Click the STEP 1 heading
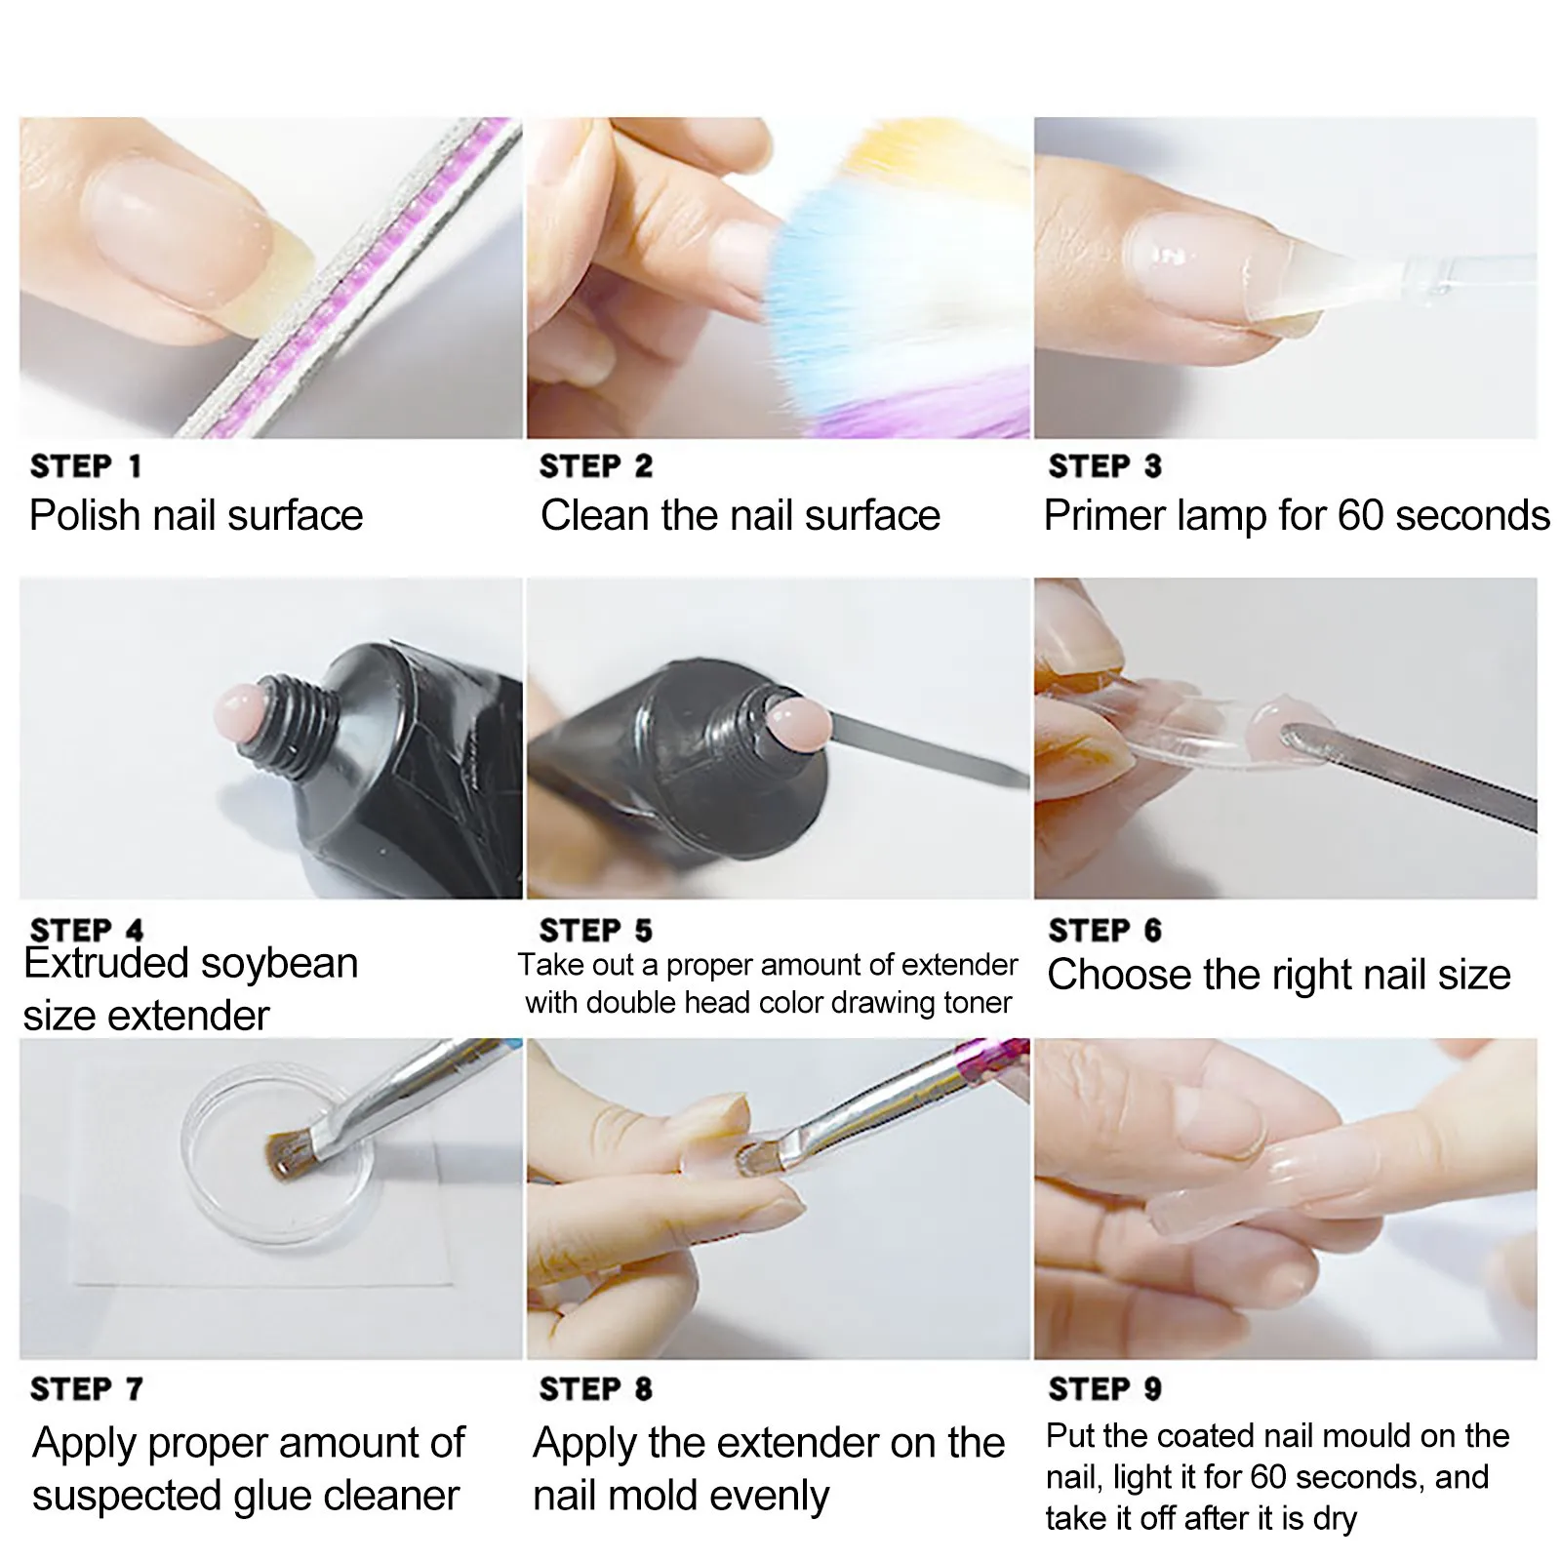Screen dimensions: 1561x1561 coord(86,466)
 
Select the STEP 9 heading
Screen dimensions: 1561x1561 coord(1104,1388)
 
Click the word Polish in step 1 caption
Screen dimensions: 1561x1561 coord(84,515)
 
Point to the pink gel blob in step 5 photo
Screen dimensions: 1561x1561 coord(798,723)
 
